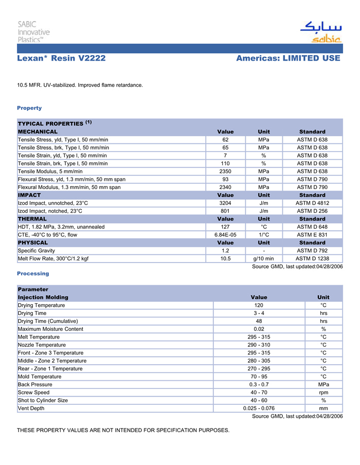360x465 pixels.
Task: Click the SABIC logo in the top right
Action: (x=321, y=32)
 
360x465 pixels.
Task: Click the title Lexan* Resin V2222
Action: (x=61, y=59)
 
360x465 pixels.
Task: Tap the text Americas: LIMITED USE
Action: (x=288, y=59)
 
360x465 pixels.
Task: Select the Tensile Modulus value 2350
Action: (x=225, y=172)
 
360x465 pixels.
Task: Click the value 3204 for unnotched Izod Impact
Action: (x=225, y=203)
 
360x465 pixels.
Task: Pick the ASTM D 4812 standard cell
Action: (x=312, y=203)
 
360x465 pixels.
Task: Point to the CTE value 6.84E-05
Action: (x=225, y=235)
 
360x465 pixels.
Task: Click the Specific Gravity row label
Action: (x=37, y=251)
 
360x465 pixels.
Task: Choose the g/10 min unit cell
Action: (x=264, y=258)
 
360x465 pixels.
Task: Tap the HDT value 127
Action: (x=225, y=227)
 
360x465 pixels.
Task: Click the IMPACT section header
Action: (x=29, y=195)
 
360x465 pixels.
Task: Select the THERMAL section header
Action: (x=32, y=219)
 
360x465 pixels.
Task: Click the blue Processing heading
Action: (x=33, y=273)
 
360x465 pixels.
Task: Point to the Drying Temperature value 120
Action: (x=259, y=305)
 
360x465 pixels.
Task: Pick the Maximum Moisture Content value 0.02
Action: (x=259, y=329)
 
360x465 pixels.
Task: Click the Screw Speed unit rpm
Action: (x=323, y=393)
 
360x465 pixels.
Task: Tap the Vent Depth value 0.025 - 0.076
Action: (x=259, y=408)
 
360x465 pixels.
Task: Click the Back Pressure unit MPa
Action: (x=323, y=384)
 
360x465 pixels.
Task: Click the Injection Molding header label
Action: (x=43, y=297)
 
